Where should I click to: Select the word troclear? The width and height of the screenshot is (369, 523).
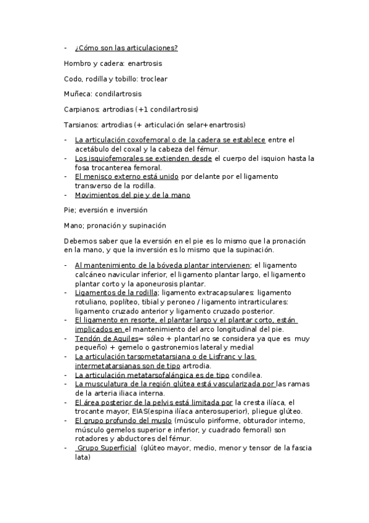pos(154,79)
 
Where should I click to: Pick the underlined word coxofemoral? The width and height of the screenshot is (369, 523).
pos(144,140)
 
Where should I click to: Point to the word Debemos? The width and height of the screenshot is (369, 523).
pos(79,241)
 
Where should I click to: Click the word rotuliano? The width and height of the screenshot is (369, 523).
pos(91,302)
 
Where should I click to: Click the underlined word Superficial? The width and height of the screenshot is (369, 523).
pos(116,448)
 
